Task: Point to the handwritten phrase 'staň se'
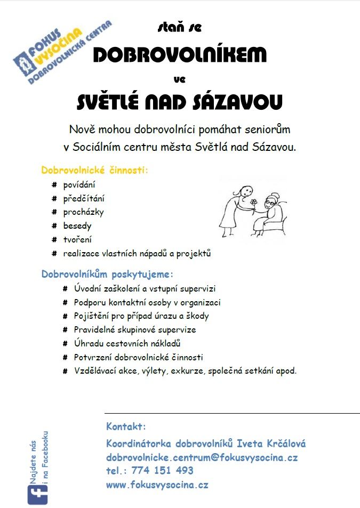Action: pyautogui.click(x=180, y=26)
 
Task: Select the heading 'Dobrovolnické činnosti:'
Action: pyautogui.click(x=94, y=171)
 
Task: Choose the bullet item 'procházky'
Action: pyautogui.click(x=83, y=212)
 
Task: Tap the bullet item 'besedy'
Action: pyautogui.click(x=77, y=226)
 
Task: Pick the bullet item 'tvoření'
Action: pyautogui.click(x=77, y=240)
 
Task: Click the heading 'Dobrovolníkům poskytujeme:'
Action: pyautogui.click(x=107, y=275)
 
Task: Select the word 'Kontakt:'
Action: pyautogui.click(x=126, y=427)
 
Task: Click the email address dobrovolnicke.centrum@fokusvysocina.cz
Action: pyautogui.click(x=202, y=457)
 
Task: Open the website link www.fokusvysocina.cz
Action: pyautogui.click(x=157, y=485)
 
